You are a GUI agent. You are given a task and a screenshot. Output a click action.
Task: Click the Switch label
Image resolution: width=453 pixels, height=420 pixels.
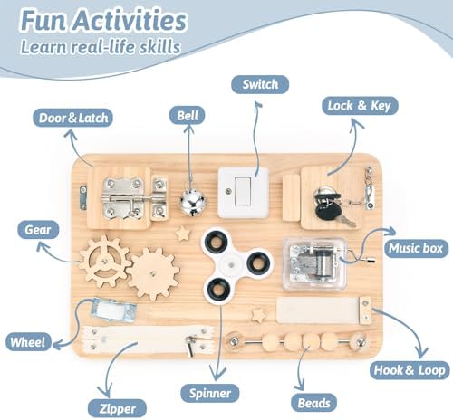click(260, 84)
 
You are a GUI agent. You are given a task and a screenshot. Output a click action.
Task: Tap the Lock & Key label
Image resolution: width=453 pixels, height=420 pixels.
click(360, 106)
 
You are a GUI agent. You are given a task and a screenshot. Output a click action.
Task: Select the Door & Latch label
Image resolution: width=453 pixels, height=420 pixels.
click(73, 118)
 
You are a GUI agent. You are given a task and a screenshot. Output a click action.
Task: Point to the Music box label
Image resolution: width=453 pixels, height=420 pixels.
click(416, 248)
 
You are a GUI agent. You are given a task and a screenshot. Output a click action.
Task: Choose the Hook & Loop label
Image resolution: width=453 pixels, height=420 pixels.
click(410, 370)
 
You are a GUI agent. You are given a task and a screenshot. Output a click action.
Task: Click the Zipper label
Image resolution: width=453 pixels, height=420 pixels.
click(117, 409)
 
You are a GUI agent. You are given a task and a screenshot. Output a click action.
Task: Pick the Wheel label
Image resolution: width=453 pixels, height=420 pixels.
click(28, 342)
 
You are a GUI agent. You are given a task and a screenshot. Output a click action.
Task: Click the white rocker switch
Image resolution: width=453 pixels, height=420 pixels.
click(243, 192)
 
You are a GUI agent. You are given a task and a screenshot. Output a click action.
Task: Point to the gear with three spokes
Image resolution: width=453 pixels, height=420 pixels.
click(104, 262)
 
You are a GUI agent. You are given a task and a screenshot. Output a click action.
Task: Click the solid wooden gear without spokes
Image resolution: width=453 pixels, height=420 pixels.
click(153, 273)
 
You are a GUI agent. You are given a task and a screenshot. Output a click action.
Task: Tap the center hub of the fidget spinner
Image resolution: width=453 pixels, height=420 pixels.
click(231, 264)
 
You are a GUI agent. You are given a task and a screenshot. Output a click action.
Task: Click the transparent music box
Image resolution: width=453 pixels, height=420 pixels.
click(315, 264)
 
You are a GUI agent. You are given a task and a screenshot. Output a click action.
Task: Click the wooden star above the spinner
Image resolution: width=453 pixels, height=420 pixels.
click(183, 234)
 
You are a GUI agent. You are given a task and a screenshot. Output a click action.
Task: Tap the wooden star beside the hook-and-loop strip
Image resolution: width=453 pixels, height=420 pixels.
click(259, 315)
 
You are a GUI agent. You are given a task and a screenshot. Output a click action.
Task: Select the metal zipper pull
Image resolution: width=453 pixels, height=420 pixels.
click(191, 345)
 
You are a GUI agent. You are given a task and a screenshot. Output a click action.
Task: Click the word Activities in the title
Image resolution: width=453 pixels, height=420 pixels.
click(130, 21)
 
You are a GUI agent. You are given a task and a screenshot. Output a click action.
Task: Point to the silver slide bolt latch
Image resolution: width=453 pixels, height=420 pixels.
click(134, 197)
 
